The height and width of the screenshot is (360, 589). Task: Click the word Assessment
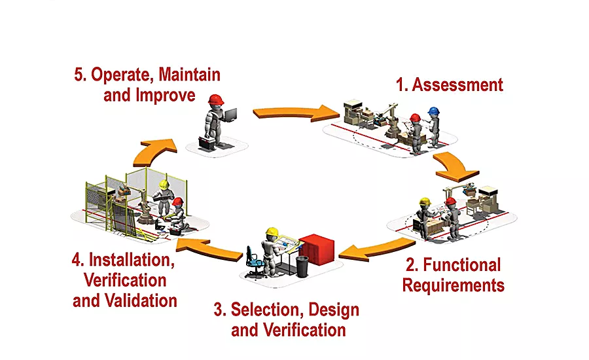(457, 84)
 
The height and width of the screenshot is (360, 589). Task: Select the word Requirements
(453, 285)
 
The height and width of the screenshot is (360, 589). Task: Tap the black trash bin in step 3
(302, 266)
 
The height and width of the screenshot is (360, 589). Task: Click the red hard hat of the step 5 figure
(215, 99)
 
